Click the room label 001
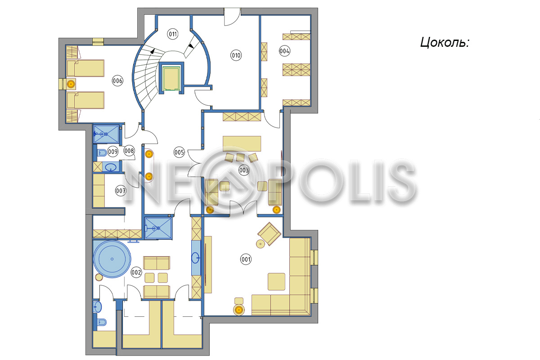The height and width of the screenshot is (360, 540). click(x=246, y=259)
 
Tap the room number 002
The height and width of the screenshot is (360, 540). click(x=136, y=272)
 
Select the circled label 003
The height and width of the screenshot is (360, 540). click(x=244, y=170)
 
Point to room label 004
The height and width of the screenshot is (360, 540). click(x=284, y=51)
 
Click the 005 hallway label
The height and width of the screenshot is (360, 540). click(x=179, y=153)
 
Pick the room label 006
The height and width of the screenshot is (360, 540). click(x=117, y=81)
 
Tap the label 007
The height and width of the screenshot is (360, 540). click(x=121, y=191)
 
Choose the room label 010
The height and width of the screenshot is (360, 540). click(x=236, y=55)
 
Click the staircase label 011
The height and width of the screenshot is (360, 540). click(x=173, y=34)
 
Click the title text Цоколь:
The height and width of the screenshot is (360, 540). click(x=445, y=42)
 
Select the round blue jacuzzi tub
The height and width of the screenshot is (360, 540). click(x=112, y=259)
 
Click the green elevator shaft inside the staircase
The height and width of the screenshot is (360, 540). click(x=171, y=78)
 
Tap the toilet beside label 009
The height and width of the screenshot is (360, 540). click(x=102, y=153)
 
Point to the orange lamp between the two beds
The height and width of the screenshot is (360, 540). click(x=71, y=84)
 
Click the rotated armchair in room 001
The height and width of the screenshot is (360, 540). click(x=269, y=234)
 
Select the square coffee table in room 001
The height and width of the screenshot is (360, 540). click(x=276, y=281)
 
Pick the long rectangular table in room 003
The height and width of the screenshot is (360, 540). click(x=242, y=144)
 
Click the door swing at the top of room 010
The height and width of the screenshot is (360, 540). click(x=232, y=17)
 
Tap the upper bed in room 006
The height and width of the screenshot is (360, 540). click(x=85, y=68)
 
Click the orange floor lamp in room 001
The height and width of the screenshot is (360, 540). click(x=239, y=310)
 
